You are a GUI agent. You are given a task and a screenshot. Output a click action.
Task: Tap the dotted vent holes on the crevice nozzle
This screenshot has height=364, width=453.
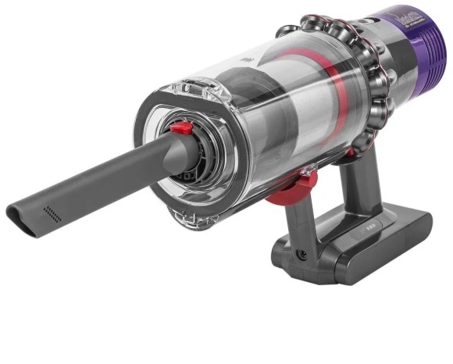point(52,212)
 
